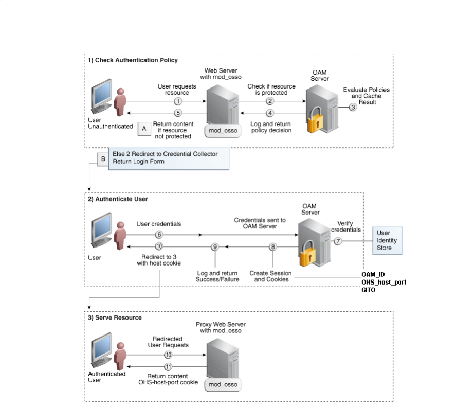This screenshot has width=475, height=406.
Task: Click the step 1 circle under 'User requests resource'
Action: point(178,101)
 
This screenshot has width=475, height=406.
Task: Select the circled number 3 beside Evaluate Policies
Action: point(353,107)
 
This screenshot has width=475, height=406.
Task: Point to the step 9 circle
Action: point(215,247)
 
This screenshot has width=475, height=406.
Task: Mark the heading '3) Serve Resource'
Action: point(115,318)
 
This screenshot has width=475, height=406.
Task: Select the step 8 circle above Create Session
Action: point(273,247)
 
